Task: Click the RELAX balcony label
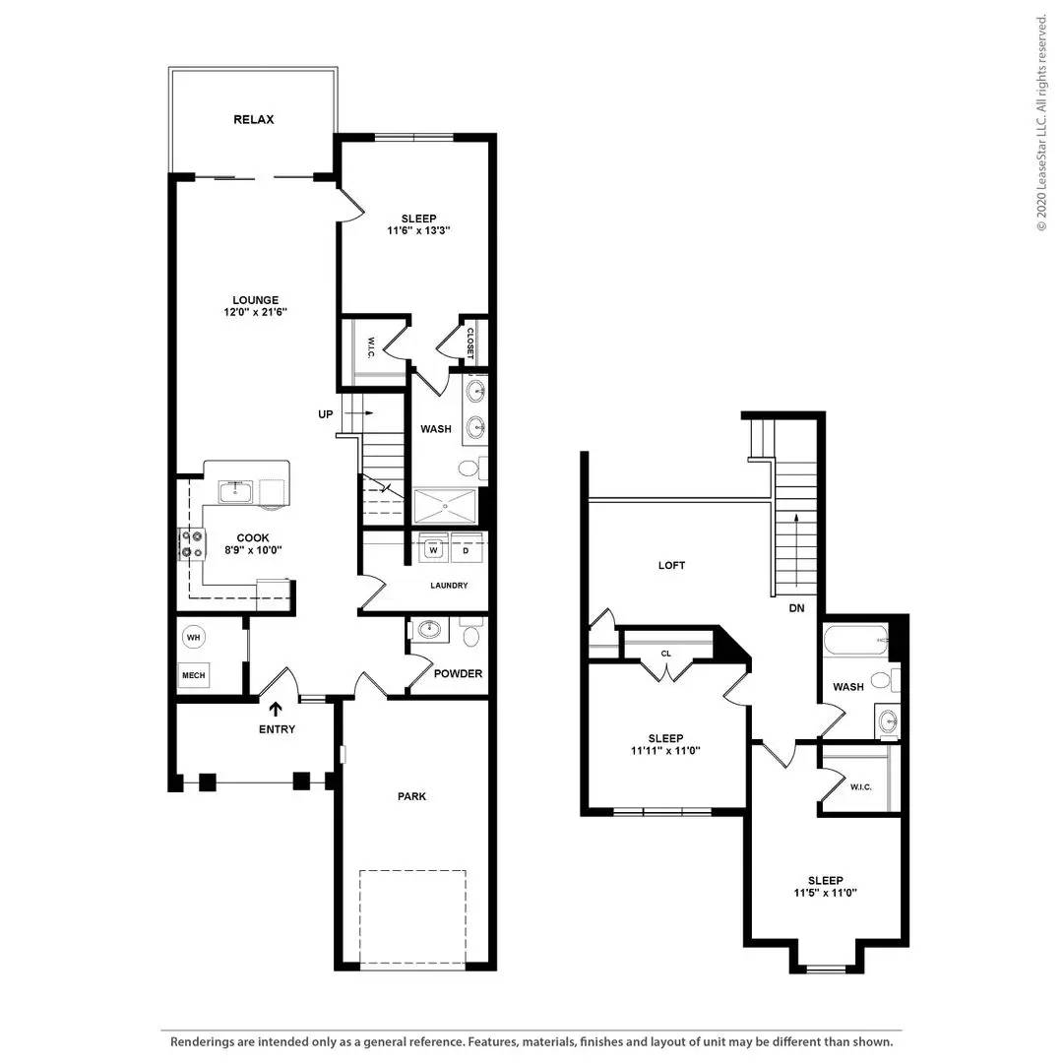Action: coord(254,119)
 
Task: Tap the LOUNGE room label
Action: coord(256,299)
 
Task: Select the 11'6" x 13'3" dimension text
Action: coord(419,230)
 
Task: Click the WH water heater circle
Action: coord(193,637)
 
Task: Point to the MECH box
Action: coord(193,675)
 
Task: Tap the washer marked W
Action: coord(434,549)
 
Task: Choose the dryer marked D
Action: coord(466,549)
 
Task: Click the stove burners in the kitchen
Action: coord(192,544)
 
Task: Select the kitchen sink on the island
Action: coord(236,492)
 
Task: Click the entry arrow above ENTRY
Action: coord(276,709)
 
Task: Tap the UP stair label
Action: coord(326,413)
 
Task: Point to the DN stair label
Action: coord(796,608)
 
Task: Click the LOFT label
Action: coord(672,565)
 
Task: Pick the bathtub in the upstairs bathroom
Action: coord(855,640)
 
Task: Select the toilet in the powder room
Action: coord(471,633)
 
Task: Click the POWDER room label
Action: coord(459,673)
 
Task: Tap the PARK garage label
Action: coord(412,796)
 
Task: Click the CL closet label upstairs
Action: coord(665,654)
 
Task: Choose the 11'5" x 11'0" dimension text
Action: coord(825,893)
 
